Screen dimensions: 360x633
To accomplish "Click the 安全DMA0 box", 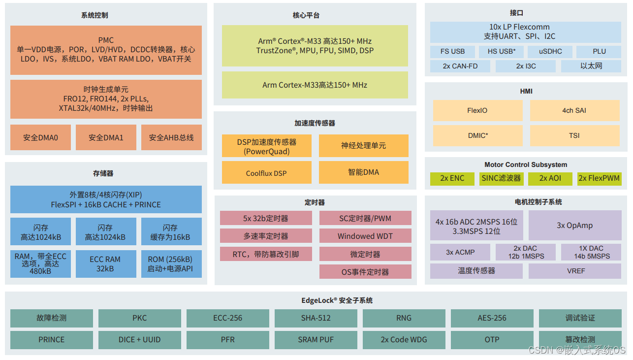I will click(x=40, y=137).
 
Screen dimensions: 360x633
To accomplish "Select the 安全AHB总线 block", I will click(x=171, y=137).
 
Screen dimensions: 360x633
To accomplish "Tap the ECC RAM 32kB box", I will click(x=105, y=264).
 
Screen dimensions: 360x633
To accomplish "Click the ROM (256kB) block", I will click(x=170, y=264).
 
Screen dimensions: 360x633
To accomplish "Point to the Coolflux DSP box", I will click(x=266, y=173).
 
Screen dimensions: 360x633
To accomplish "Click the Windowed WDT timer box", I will click(x=365, y=236).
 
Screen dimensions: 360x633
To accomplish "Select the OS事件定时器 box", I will click(x=365, y=272).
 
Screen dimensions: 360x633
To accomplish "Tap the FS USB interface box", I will click(x=453, y=52).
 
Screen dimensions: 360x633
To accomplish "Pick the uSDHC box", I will click(x=550, y=52).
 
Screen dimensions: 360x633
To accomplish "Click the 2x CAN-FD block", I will click(x=460, y=66).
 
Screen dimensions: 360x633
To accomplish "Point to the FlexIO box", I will click(x=477, y=111).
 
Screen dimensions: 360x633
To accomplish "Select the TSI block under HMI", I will click(x=574, y=135).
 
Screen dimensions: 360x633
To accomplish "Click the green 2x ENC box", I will click(x=452, y=178).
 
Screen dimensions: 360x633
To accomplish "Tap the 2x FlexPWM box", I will click(x=599, y=178).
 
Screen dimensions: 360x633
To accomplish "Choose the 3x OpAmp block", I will click(x=574, y=226).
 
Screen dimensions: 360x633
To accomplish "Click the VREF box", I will click(x=574, y=271).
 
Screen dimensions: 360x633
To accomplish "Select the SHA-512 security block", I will click(x=316, y=318).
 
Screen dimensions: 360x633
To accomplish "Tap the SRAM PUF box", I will click(x=316, y=340).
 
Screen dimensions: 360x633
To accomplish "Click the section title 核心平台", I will click(x=306, y=15).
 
